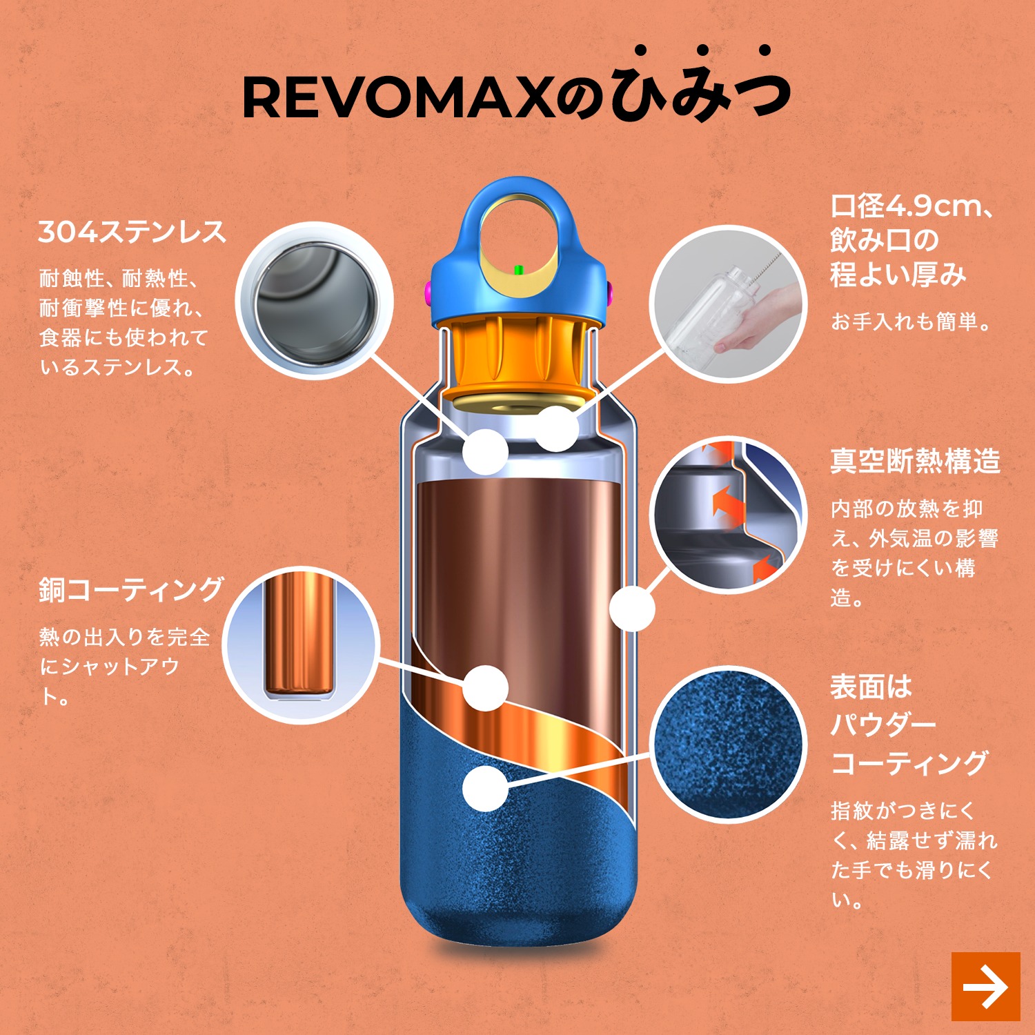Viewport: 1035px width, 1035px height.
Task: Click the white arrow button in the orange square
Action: [985, 987]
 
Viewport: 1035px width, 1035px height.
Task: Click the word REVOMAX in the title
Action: [398, 99]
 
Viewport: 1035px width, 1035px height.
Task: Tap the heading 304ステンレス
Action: [132, 232]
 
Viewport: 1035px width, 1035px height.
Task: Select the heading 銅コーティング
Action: [131, 590]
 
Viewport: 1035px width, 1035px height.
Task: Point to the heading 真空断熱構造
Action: [915, 461]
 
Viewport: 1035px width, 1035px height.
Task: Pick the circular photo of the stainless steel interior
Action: [315, 301]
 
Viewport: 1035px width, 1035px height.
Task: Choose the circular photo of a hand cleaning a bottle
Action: [729, 304]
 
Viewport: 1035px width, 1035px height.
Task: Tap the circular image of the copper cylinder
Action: [301, 645]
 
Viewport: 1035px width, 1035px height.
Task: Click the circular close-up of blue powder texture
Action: [729, 745]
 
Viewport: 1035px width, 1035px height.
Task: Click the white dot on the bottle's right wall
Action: [632, 609]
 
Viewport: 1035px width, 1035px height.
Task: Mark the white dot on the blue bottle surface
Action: [486, 789]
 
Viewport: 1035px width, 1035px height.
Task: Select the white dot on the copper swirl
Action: [486, 688]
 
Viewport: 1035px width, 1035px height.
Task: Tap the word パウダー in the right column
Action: [883, 725]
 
